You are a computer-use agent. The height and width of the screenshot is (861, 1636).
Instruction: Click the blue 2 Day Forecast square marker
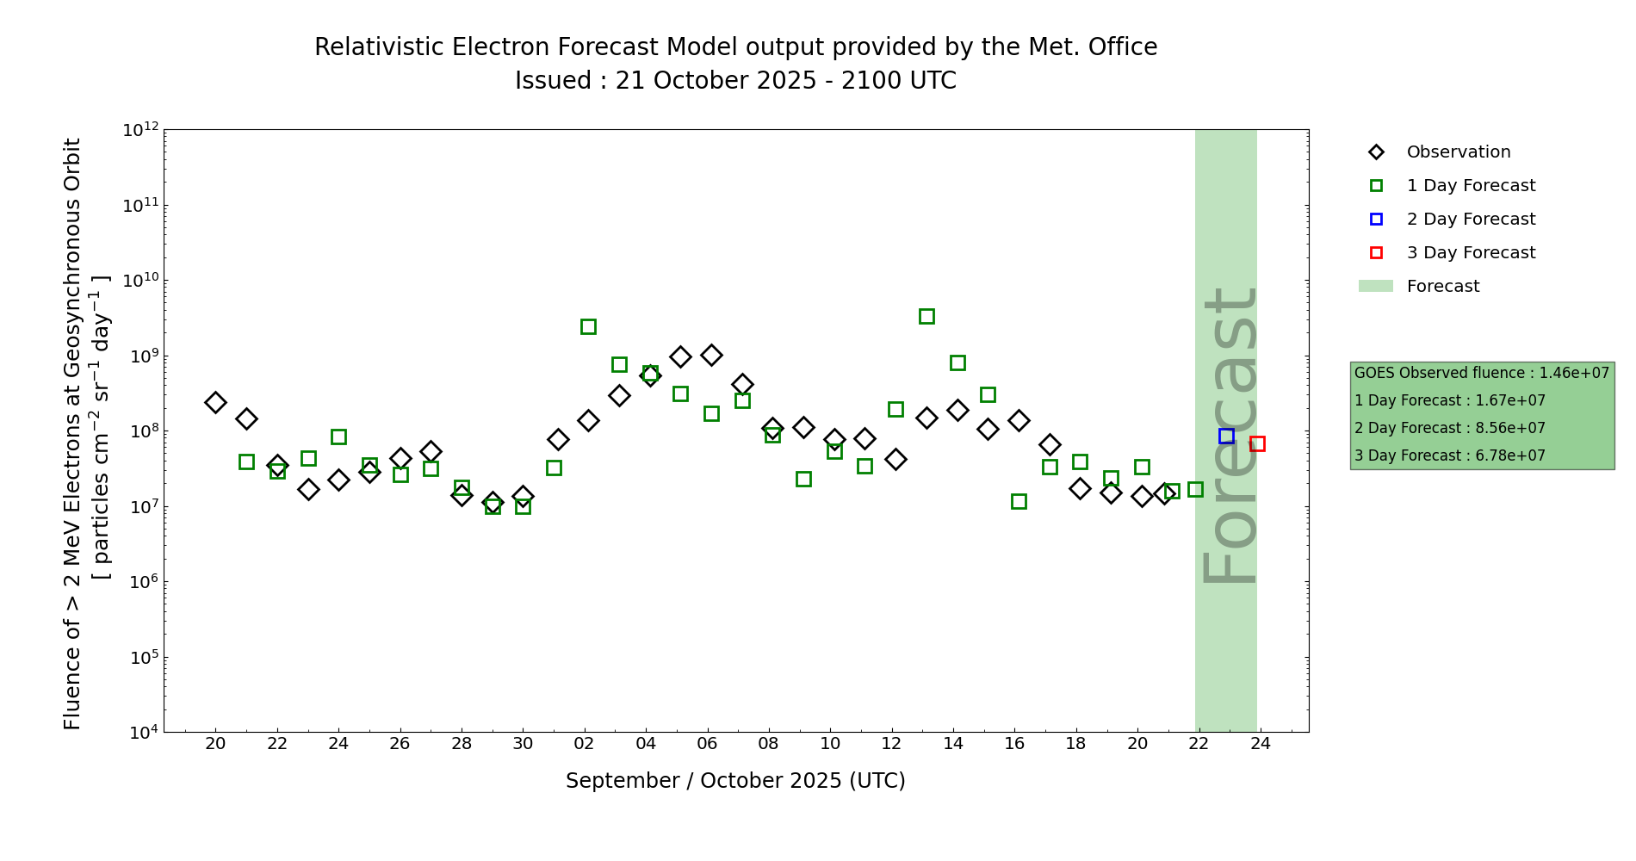pos(1226,437)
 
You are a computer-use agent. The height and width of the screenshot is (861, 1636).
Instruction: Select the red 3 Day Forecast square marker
pos(1257,444)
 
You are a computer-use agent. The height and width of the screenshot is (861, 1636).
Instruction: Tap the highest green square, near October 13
pos(926,317)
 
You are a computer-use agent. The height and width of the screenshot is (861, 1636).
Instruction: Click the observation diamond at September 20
pos(215,402)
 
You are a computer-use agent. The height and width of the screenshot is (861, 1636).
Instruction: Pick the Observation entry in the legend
pos(1458,152)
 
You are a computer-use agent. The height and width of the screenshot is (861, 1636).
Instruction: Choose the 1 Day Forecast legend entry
pos(1471,186)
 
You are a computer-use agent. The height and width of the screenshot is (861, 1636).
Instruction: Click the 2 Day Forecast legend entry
pos(1471,220)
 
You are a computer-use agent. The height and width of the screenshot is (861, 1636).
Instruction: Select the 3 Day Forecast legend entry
pos(1471,253)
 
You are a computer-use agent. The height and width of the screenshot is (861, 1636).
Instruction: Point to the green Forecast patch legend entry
pos(1442,287)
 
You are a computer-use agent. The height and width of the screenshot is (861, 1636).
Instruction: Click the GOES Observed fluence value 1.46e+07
pos(1574,374)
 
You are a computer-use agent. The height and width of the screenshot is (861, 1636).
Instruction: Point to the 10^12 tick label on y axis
pos(140,130)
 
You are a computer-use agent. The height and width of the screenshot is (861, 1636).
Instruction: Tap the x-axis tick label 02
pos(585,745)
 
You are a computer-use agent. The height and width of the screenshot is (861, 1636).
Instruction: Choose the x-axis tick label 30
pos(523,745)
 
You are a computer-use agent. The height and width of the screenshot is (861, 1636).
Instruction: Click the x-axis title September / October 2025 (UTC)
pos(735,781)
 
